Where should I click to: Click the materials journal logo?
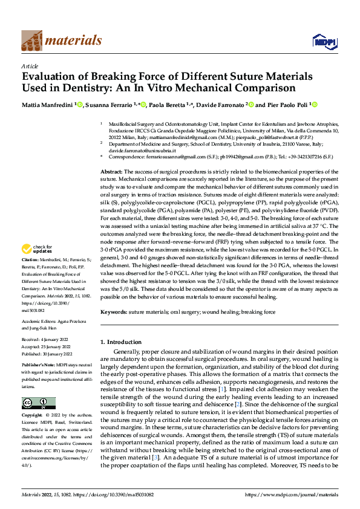[61, 41]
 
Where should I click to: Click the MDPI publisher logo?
[323, 41]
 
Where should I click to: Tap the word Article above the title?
[30, 66]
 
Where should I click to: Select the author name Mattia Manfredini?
[48, 105]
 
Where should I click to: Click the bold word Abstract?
[113, 172]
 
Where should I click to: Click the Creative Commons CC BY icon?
[38, 403]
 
